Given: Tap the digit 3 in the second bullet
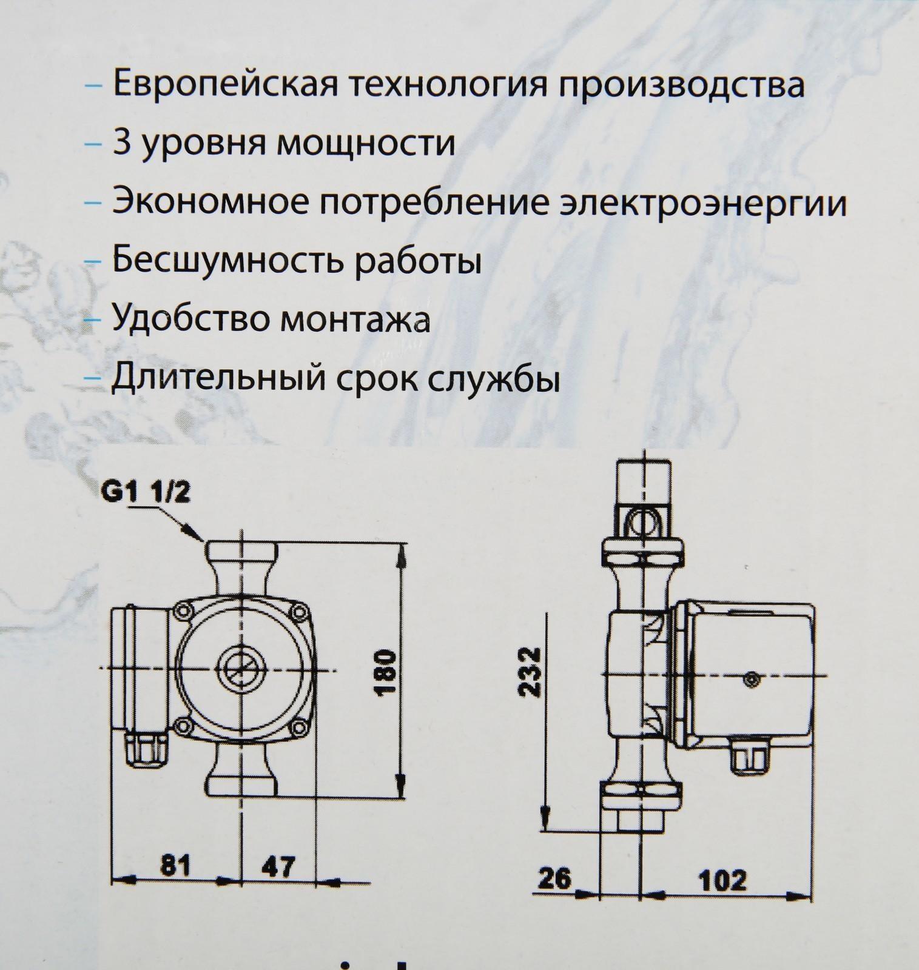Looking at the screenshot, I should (x=122, y=144).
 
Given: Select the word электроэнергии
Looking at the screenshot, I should (x=702, y=204).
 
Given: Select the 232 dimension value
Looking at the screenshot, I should (x=532, y=672).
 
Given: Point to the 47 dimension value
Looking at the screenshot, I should (x=279, y=866).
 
